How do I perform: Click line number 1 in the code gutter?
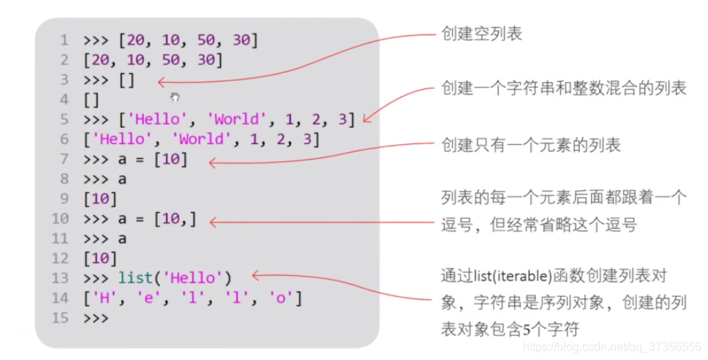(x=64, y=40)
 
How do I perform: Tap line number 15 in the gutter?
(x=61, y=318)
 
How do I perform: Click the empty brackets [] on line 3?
(x=127, y=80)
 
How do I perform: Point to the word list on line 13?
(x=135, y=278)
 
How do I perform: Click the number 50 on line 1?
(x=197, y=40)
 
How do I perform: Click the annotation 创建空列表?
(x=481, y=34)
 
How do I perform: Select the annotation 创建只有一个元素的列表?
(x=530, y=146)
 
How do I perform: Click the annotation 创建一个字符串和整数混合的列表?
(x=563, y=89)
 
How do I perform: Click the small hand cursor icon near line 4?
(x=175, y=97)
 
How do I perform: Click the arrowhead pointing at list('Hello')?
(x=256, y=276)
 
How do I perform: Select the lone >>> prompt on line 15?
(x=95, y=318)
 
